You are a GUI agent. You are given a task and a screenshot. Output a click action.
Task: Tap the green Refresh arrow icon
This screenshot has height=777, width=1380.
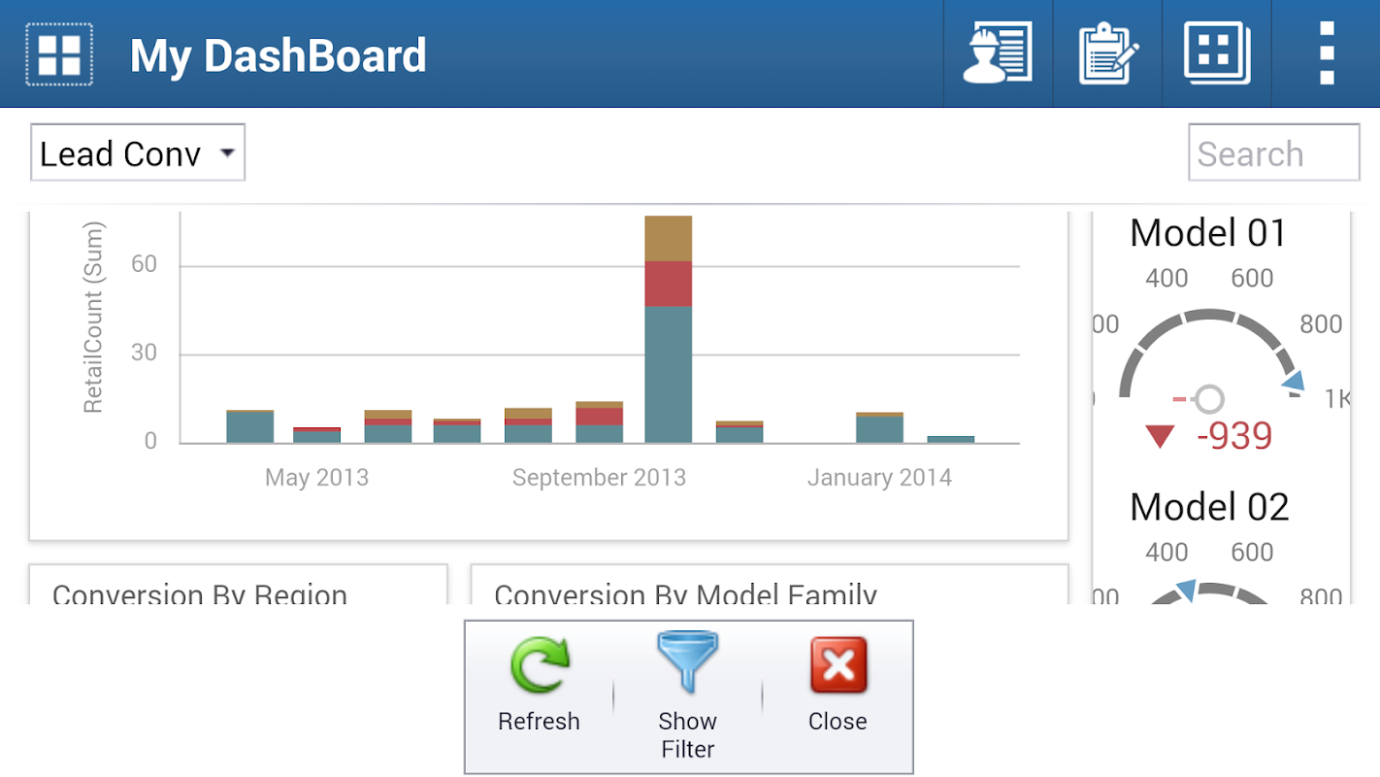coord(540,665)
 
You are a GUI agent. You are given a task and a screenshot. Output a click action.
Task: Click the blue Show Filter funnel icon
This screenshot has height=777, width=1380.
coord(687,662)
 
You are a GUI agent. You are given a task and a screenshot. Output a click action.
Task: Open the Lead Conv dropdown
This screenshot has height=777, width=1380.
coord(138,152)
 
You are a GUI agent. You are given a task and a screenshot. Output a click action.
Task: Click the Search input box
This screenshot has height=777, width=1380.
coord(1273,152)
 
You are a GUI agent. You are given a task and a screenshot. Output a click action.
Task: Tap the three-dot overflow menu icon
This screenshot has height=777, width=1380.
coord(1327,53)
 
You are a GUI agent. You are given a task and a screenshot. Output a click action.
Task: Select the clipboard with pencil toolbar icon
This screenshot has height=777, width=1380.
coord(1107,53)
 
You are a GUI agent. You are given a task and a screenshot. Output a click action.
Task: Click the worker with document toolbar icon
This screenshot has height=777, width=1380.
coord(998,53)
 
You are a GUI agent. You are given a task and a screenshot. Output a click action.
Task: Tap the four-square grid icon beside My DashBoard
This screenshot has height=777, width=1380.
coord(59,54)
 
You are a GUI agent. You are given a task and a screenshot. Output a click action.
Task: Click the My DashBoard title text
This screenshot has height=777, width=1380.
coord(279,55)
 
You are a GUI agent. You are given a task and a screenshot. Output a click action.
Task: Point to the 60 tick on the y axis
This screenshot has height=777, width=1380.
coord(144,264)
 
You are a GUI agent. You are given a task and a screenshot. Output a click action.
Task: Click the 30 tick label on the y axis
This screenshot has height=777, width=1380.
coord(144,353)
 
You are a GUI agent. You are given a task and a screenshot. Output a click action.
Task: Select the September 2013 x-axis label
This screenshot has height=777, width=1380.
coord(599,477)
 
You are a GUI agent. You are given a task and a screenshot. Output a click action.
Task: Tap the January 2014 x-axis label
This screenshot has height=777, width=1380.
coord(879,477)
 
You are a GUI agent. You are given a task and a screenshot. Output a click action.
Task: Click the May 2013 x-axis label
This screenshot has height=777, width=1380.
coord(316,477)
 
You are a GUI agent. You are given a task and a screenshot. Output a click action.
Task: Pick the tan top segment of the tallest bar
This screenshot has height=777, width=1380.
coord(669,238)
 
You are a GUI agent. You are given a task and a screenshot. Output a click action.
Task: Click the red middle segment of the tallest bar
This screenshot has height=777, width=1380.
coord(669,284)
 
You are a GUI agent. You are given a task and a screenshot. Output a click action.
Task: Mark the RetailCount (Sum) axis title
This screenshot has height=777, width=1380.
coord(93,318)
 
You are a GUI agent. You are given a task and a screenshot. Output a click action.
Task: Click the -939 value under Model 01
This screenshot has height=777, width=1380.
coord(1233,436)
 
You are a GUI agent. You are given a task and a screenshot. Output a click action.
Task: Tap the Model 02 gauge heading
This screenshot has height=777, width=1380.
coord(1209,506)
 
